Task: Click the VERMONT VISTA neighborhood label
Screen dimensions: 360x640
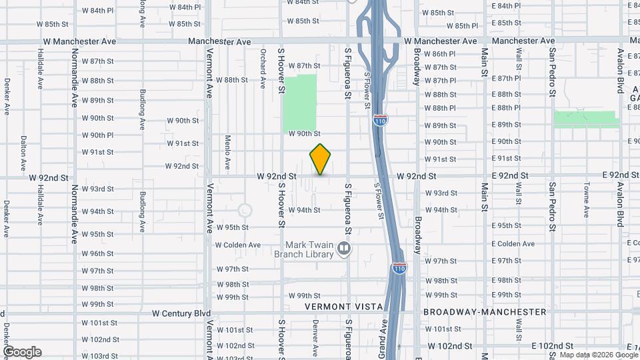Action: point(344,307)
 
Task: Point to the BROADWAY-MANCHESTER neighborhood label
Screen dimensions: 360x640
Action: point(485,312)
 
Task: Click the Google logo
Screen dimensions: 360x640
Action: point(22,352)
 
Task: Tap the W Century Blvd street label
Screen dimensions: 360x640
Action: point(181,313)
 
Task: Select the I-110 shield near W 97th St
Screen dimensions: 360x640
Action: point(399,268)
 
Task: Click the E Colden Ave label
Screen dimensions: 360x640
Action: point(513,243)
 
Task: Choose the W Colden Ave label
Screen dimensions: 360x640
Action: point(238,245)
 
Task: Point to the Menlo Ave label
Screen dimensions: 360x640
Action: point(227,152)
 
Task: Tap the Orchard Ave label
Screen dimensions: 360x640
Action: point(263,63)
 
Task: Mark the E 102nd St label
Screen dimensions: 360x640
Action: point(552,346)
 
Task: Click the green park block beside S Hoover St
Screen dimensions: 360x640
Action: point(300,103)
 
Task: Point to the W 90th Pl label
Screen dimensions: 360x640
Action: point(98,135)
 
